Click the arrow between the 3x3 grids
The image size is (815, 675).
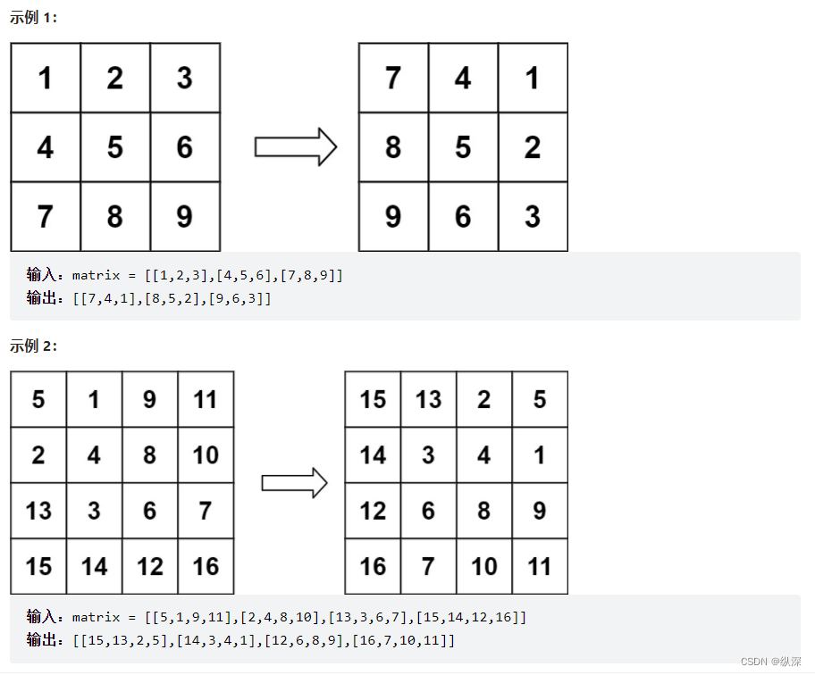coord(295,146)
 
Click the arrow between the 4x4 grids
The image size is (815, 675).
coord(294,483)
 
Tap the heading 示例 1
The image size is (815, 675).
coord(33,17)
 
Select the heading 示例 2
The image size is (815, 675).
coord(33,346)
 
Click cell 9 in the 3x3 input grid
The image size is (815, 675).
coord(184,216)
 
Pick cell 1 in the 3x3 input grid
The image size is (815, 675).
coord(45,79)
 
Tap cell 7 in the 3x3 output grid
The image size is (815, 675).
coord(393,79)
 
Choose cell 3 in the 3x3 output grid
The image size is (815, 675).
coord(533,216)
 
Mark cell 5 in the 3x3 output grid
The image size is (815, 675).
coord(463,147)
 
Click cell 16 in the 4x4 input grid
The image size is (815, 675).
coord(206,566)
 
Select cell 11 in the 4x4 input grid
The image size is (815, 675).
coord(206,399)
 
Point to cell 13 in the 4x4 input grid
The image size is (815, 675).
coord(38,511)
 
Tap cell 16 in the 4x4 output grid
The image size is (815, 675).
coord(373,566)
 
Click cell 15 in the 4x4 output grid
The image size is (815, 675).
coord(373,399)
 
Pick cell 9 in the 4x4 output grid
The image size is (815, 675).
coord(540,511)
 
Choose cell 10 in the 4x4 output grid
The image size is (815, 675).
coord(484,566)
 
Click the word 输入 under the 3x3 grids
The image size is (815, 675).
coord(42,275)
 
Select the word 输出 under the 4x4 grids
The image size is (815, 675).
coord(42,640)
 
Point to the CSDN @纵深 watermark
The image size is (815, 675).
coord(771,661)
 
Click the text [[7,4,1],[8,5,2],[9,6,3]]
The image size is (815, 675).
coord(172,298)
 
